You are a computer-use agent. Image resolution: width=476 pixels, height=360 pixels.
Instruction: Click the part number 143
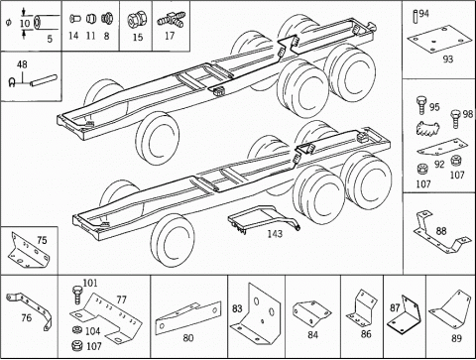(275, 234)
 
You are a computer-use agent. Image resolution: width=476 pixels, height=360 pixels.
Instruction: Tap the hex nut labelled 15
(135, 20)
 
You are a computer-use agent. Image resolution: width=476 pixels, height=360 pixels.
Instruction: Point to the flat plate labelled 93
(438, 40)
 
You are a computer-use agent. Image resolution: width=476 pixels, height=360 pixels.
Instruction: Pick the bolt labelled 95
(421, 105)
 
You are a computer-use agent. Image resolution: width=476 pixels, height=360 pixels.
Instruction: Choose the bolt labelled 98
(455, 119)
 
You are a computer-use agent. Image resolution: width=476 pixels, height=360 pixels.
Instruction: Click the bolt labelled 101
(77, 295)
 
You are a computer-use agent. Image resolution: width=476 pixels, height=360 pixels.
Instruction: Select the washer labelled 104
(77, 330)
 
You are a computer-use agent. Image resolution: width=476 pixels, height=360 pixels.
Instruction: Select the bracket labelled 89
(451, 309)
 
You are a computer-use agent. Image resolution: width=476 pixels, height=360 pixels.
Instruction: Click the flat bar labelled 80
(188, 317)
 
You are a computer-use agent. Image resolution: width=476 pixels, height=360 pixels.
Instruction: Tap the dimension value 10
(25, 24)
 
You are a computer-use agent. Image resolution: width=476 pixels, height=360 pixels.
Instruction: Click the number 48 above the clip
(22, 64)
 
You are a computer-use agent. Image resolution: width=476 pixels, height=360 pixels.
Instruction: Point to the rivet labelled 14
(75, 19)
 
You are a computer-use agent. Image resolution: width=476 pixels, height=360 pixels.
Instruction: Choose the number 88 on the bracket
(441, 231)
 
